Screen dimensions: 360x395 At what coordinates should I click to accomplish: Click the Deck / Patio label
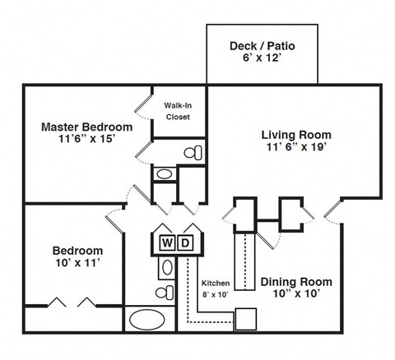[263, 46]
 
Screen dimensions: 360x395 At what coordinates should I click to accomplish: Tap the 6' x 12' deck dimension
[263, 60]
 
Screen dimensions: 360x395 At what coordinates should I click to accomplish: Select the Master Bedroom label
[87, 127]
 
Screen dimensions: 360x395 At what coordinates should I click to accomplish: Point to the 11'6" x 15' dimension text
[87, 141]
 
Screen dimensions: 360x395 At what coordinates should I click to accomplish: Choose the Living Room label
[296, 134]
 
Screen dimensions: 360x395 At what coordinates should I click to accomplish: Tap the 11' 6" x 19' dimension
[296, 148]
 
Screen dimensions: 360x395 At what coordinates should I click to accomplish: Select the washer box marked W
[167, 242]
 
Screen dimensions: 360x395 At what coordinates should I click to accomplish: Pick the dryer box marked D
[186, 242]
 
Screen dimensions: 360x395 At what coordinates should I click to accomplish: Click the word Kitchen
[215, 283]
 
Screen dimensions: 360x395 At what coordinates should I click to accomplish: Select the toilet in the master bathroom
[193, 153]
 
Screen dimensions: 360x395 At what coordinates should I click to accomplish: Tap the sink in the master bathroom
[164, 174]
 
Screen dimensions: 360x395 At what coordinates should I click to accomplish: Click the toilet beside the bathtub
[164, 292]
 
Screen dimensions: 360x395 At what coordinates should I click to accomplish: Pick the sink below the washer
[165, 267]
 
